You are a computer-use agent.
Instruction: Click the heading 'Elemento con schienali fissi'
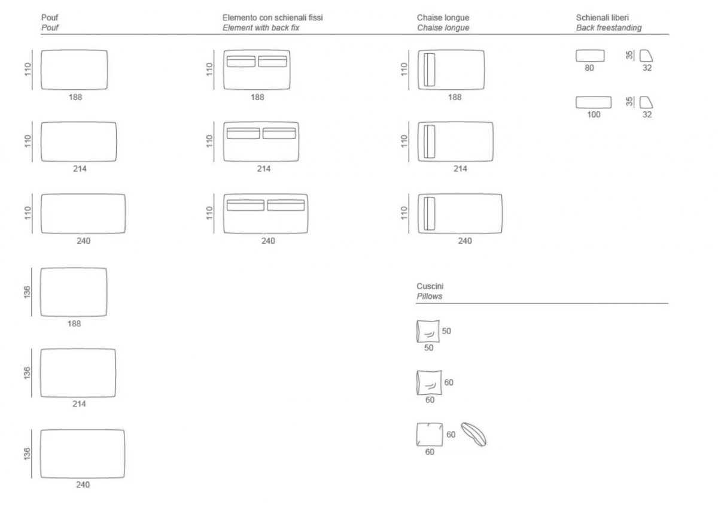click(x=272, y=17)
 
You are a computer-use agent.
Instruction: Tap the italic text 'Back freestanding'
click(x=609, y=28)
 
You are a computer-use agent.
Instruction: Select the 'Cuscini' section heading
click(x=430, y=286)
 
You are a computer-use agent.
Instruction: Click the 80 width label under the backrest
click(x=589, y=68)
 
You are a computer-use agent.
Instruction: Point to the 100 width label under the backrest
click(x=594, y=114)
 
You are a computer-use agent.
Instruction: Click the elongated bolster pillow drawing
click(x=473, y=434)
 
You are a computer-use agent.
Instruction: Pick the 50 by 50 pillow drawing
click(x=428, y=331)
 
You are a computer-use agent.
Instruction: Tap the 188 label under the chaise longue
click(x=455, y=97)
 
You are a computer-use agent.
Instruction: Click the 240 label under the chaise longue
click(x=465, y=241)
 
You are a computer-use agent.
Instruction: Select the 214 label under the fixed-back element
click(x=263, y=169)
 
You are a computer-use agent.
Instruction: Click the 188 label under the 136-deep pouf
click(x=74, y=323)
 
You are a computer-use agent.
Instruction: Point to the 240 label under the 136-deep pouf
click(x=83, y=484)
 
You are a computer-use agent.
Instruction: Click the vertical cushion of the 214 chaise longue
click(x=429, y=141)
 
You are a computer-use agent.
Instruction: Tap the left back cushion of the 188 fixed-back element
click(x=241, y=61)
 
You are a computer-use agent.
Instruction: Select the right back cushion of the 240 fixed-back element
click(x=286, y=205)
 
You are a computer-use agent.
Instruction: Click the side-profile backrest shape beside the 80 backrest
click(x=646, y=56)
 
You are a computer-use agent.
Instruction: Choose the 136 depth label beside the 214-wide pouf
click(x=27, y=373)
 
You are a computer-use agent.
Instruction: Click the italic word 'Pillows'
click(x=429, y=296)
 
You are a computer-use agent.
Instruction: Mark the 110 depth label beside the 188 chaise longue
click(x=404, y=69)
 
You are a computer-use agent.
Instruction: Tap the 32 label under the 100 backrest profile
click(x=647, y=114)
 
